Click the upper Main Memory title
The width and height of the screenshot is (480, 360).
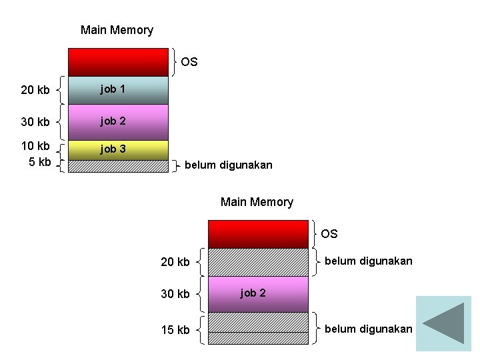click(117, 30)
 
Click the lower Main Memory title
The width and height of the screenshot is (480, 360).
click(257, 202)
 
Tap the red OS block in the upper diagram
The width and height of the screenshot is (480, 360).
click(118, 62)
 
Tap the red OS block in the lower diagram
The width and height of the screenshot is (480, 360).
click(258, 234)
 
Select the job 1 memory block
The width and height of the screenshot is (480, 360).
click(118, 90)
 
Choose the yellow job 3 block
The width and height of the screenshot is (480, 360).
click(118, 149)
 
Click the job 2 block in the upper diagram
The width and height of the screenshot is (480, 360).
click(118, 122)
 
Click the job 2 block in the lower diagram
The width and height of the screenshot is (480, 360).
click(258, 294)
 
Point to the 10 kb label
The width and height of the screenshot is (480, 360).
click(35, 146)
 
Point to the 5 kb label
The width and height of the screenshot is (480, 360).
click(40, 162)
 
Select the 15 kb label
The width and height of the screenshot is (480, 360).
click(175, 330)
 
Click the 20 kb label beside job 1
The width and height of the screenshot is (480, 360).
click(35, 90)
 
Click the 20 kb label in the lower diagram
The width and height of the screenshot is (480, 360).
click(175, 262)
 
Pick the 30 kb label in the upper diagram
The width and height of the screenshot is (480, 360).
click(35, 122)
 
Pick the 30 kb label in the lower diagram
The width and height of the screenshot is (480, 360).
click(175, 294)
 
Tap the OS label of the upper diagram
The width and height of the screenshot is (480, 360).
click(189, 62)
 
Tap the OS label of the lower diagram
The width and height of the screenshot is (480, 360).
click(329, 234)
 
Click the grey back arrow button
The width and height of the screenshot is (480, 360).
click(443, 323)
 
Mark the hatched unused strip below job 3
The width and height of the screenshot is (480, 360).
click(118, 166)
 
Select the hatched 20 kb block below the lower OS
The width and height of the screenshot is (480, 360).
click(258, 262)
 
